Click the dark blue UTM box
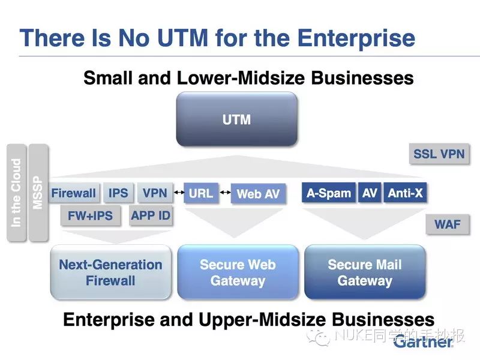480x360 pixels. tap(236, 119)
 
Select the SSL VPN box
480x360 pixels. tap(439, 154)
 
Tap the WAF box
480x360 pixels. tap(447, 224)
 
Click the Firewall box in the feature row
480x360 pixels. tap(73, 193)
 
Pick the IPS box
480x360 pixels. tap(118, 193)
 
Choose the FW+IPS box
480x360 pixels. tap(91, 215)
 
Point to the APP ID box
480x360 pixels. tap(151, 215)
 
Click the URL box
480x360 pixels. tap(201, 193)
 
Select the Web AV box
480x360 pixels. tap(258, 193)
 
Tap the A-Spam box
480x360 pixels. tap(329, 193)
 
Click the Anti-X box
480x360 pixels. tap(405, 193)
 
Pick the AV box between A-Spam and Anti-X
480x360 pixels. tap(370, 193)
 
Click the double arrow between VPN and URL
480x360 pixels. tap(179, 192)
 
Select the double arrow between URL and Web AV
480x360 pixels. tap(226, 192)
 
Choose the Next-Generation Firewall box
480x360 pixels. tap(110, 272)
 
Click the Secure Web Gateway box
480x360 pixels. tap(238, 272)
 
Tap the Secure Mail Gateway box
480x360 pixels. tap(365, 272)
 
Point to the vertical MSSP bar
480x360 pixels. tap(38, 193)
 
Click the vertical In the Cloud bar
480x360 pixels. tap(16, 193)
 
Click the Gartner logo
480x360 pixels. tap(423, 341)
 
